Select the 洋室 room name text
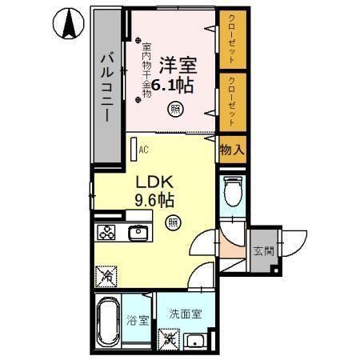click(x=176, y=62)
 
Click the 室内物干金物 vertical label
click(x=146, y=70)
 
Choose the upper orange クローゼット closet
click(x=230, y=40)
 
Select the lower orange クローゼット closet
click(x=230, y=101)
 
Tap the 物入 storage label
click(x=230, y=150)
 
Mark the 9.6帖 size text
click(x=154, y=200)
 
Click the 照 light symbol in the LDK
click(x=172, y=222)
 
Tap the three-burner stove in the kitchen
click(x=108, y=233)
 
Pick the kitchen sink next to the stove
click(x=139, y=233)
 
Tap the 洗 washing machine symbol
click(x=170, y=338)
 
